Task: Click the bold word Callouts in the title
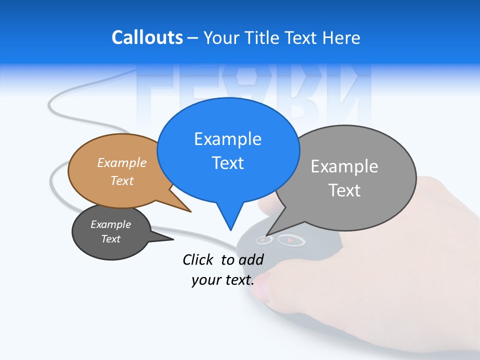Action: pos(147,37)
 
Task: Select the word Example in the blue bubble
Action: pos(227,138)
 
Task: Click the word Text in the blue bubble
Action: pos(227,162)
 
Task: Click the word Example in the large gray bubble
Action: pos(344,166)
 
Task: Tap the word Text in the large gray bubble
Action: pos(344,190)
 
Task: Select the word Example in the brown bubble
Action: pos(122,162)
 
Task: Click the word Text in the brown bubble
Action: pos(122,180)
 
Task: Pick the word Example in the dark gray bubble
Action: pos(110,224)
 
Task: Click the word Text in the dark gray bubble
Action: pos(110,239)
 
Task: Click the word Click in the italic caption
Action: pos(198,259)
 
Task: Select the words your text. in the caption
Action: pos(222,280)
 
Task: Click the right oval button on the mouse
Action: pos(291,240)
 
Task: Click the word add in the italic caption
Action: pos(250,259)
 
